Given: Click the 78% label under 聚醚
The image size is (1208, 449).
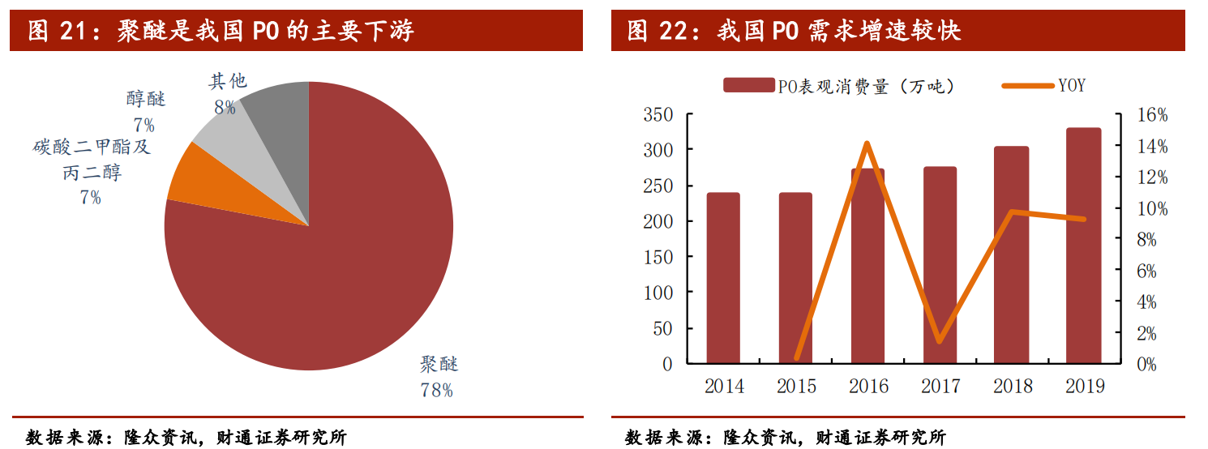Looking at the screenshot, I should tap(436, 391).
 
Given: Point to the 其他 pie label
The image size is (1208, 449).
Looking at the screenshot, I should tap(228, 81).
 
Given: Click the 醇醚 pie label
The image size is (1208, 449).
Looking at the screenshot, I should tap(146, 100).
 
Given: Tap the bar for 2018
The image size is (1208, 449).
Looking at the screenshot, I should tap(1011, 254).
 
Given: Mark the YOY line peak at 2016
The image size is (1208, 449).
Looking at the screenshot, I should tap(867, 143).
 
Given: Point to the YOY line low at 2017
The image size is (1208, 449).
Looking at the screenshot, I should tap(939, 341).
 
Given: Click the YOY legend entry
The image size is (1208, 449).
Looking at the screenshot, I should tap(1071, 85).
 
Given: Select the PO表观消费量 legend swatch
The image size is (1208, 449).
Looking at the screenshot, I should tap(748, 85).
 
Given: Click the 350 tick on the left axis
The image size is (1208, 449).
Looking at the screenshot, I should tap(658, 115).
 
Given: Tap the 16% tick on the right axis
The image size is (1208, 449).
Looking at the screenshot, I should tap(1151, 116).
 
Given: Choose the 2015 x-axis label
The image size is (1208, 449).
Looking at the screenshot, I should tap(796, 386).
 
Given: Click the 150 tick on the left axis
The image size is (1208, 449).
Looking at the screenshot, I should tap(658, 257).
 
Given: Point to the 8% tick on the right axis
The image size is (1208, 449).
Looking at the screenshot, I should tap(1155, 240).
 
